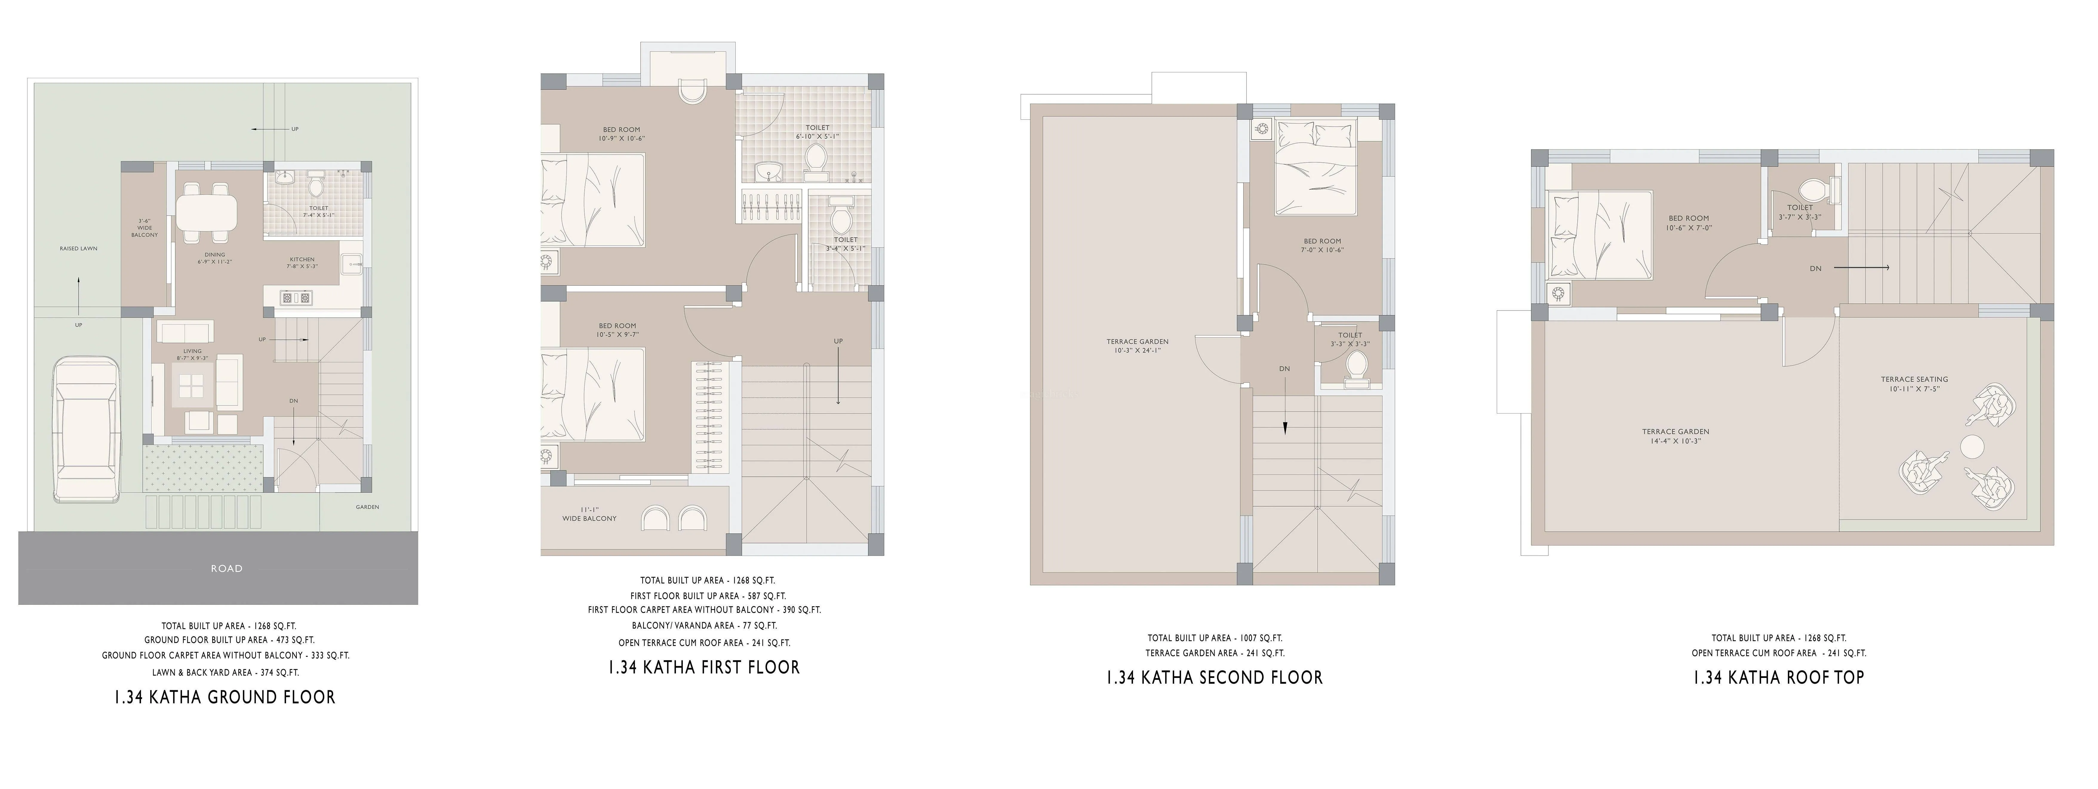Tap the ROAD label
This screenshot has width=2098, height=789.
pos(226,568)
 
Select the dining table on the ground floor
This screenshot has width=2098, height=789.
pos(207,213)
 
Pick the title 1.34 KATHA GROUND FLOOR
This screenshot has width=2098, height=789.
pos(225,697)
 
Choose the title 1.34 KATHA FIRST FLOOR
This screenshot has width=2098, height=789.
pos(704,668)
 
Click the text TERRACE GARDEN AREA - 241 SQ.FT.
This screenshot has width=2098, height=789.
pos(1214,653)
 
